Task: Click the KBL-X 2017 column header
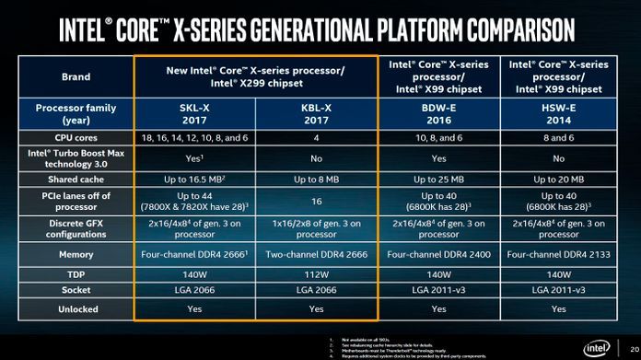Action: click(x=316, y=114)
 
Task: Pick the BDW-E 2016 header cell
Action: click(x=438, y=114)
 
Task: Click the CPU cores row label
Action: click(x=76, y=137)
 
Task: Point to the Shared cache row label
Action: click(x=76, y=180)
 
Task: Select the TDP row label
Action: click(x=76, y=273)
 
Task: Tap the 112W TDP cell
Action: click(x=316, y=273)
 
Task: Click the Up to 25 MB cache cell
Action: click(x=438, y=180)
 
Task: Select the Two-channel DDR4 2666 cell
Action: click(x=316, y=253)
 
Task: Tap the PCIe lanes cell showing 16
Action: click(x=316, y=202)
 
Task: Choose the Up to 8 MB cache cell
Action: click(x=316, y=180)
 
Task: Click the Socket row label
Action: click(x=76, y=291)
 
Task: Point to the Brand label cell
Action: click(x=76, y=76)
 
